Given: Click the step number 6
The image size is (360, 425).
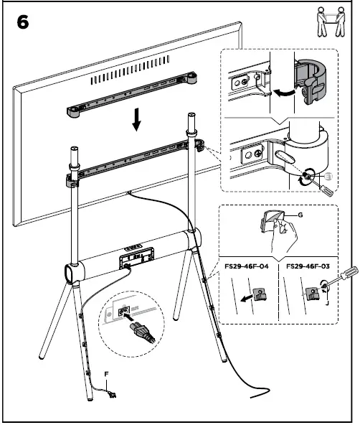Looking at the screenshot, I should click(x=23, y=22).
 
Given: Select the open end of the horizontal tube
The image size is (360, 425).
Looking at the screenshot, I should click(x=70, y=274).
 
